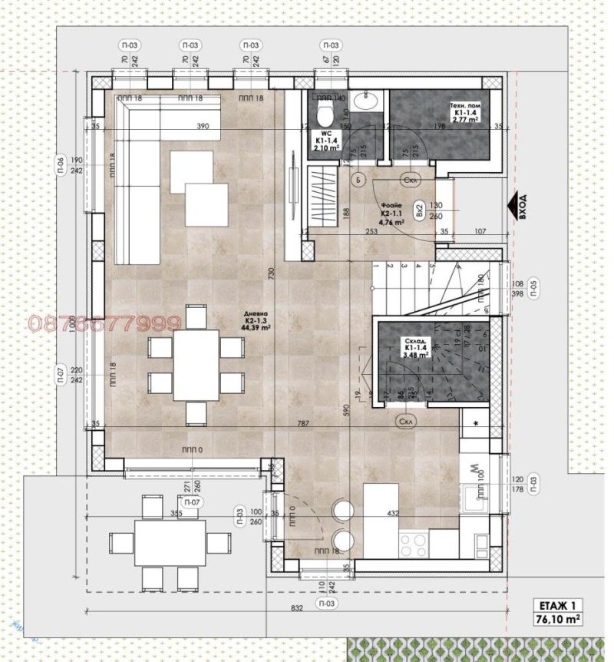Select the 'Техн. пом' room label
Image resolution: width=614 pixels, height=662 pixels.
(464, 111)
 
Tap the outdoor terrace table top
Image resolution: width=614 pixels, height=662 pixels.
(170, 542)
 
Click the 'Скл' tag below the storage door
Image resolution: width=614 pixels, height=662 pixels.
(406, 422)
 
